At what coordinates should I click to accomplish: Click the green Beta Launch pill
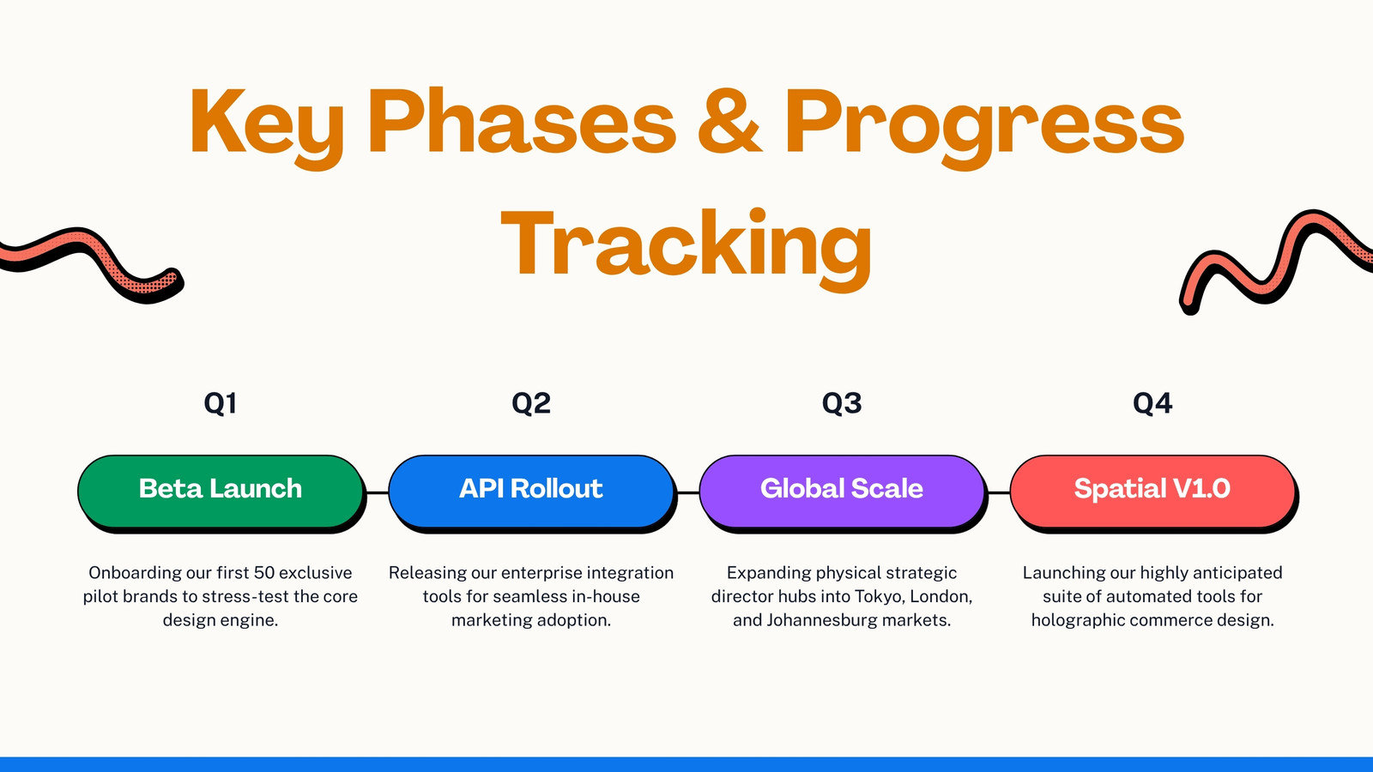[221, 492]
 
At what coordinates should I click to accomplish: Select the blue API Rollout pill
[532, 492]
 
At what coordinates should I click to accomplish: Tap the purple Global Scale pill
[843, 492]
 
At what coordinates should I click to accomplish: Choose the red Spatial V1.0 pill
[1153, 492]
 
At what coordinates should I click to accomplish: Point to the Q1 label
[220, 403]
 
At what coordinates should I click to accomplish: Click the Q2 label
[531, 403]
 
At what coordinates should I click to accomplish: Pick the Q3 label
[842, 403]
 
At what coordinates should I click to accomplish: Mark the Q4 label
[1152, 403]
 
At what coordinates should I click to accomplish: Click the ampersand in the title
[729, 121]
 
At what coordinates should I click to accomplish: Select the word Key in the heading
[267, 125]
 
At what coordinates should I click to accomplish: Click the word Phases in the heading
[522, 121]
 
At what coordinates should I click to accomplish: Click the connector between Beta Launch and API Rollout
[378, 492]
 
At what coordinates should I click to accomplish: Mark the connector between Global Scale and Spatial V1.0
[999, 492]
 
